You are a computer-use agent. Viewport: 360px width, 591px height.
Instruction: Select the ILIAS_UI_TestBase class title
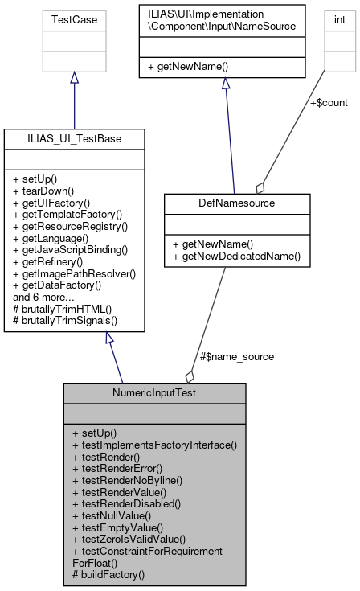coord(74,139)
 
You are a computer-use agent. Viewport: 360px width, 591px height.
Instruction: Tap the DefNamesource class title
coord(224,203)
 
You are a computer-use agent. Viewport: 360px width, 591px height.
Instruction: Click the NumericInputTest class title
coord(154,393)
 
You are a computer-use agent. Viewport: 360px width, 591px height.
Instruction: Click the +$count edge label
coord(329,102)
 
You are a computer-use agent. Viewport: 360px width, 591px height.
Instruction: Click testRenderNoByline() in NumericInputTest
coord(127,479)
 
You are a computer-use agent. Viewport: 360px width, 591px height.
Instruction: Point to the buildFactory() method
coord(108,574)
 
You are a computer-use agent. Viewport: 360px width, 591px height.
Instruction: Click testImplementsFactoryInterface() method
coord(154,444)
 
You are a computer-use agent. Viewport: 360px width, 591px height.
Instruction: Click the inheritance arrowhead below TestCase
coord(74,77)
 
